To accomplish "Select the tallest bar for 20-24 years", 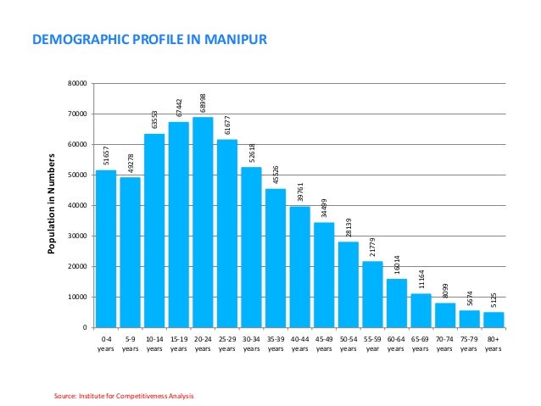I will (x=203, y=222).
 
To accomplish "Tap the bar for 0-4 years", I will (x=106, y=248).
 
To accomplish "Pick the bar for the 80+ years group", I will (x=494, y=320).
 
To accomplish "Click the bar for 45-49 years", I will (x=324, y=275).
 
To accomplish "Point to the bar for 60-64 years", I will (x=397, y=303).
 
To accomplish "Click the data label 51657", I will (x=106, y=156).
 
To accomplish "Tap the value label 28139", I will (x=349, y=228).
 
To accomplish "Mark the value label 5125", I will (x=494, y=299).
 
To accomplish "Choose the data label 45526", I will (x=276, y=175).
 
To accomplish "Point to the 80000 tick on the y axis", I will (x=78, y=83).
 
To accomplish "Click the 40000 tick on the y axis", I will (x=78, y=205).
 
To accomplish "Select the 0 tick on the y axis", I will (x=86, y=327).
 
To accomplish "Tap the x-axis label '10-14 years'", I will (x=154, y=342).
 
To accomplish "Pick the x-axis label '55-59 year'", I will (x=372, y=342).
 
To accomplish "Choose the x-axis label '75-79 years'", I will (x=469, y=342).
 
